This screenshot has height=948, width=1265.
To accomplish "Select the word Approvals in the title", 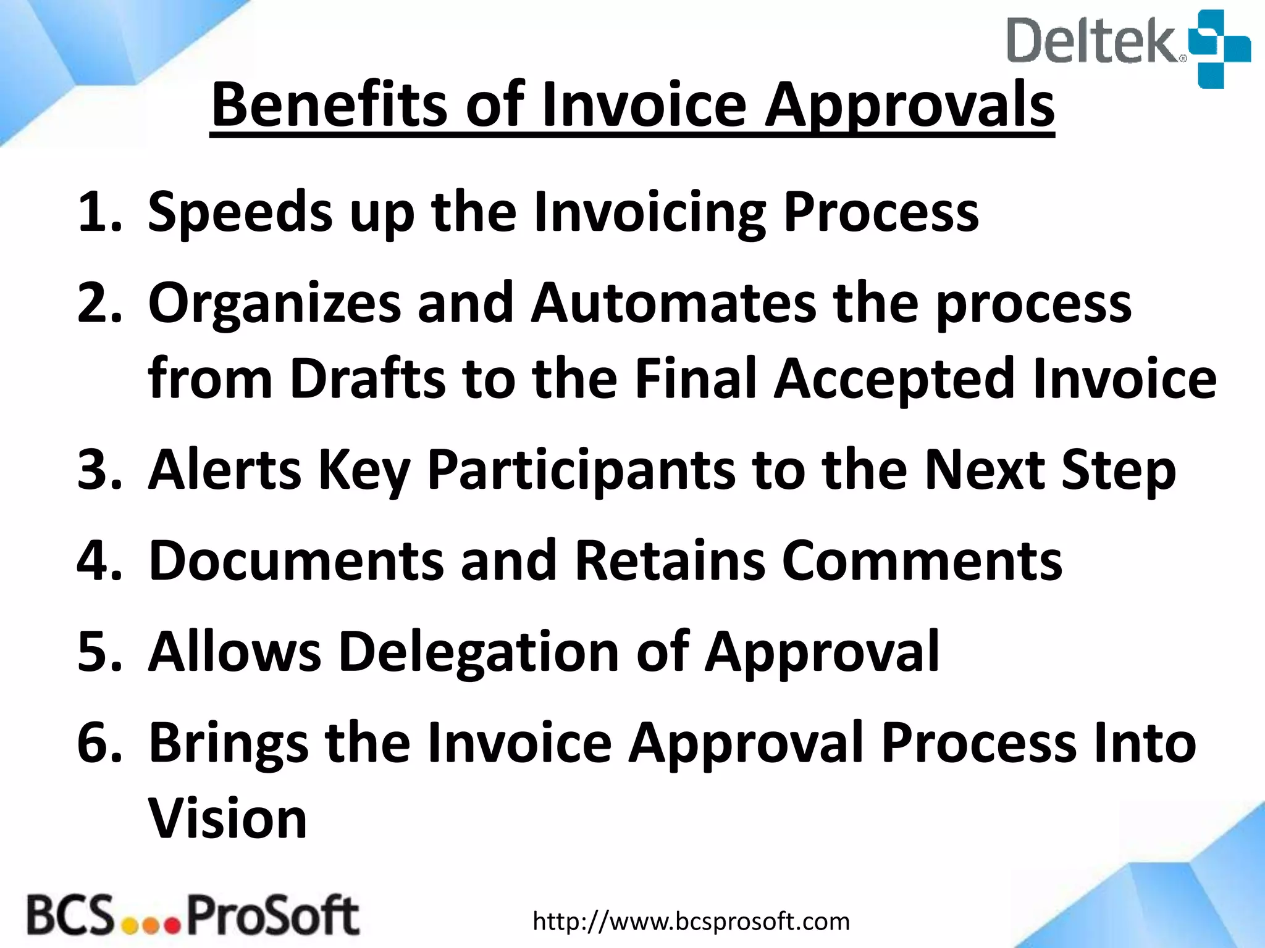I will [x=909, y=106].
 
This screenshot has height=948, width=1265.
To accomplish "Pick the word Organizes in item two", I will [x=274, y=305].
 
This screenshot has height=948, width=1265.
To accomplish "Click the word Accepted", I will [x=894, y=379].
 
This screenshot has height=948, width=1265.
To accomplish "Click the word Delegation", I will [x=479, y=653].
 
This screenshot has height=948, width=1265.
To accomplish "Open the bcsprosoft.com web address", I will [x=691, y=921].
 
